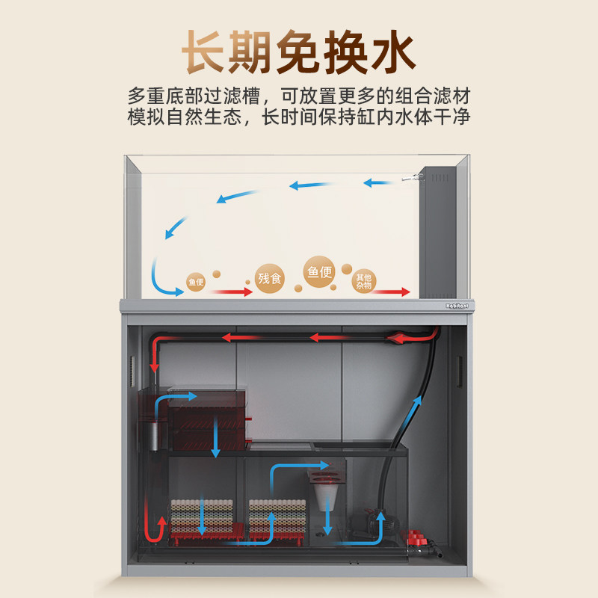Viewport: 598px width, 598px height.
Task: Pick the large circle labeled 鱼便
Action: tap(319, 271)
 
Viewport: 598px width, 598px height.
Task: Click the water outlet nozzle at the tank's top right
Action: tap(412, 177)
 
